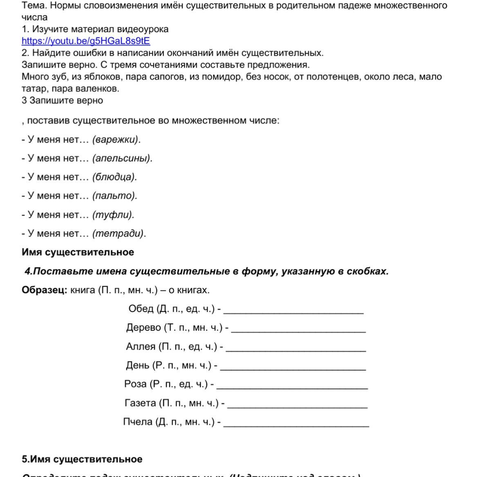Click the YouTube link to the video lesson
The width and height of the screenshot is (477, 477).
[x=86, y=41]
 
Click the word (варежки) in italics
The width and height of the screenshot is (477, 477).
[x=116, y=140]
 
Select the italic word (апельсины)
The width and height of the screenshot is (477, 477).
[x=122, y=159]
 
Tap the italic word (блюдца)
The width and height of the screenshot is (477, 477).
[x=114, y=177]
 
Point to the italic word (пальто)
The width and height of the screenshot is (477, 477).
[x=114, y=196]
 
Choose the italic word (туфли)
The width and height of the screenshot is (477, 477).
[x=113, y=215]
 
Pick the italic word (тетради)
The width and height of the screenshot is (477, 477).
[x=119, y=234]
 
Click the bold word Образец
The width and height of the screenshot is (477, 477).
[x=44, y=290]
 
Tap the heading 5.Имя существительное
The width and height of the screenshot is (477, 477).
[x=82, y=459]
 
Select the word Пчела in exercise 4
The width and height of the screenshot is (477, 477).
[x=138, y=422]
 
